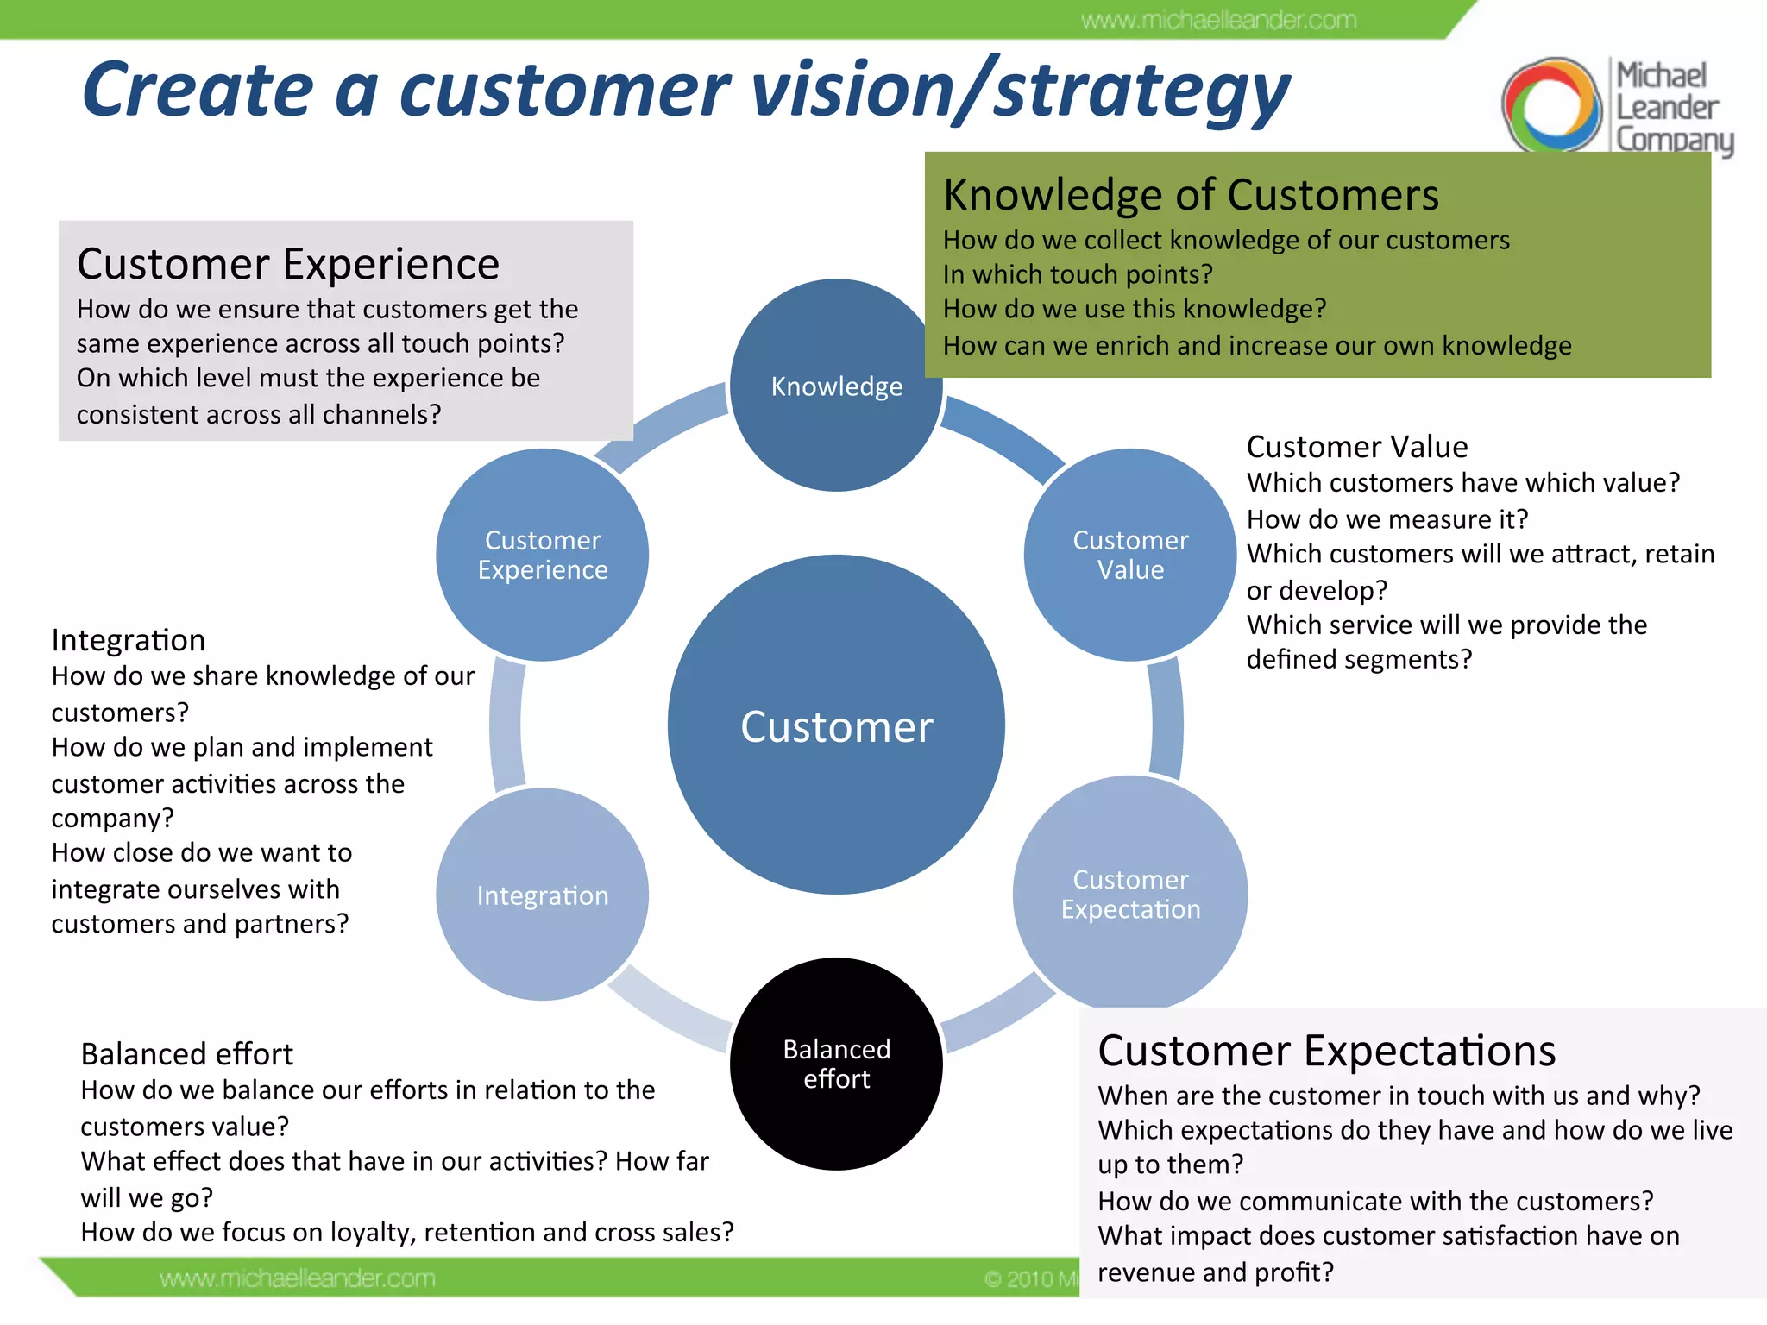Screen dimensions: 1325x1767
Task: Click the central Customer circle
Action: coord(836,725)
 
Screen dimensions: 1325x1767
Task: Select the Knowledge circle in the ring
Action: coord(836,386)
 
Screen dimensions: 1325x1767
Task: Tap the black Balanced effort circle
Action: coord(836,1064)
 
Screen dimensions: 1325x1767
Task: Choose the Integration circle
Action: coord(542,895)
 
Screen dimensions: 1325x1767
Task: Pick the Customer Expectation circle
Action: coord(1130,893)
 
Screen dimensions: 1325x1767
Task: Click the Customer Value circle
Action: coord(1130,555)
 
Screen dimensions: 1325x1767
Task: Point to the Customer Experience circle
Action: coord(542,555)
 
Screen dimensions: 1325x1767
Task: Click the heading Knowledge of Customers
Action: coord(1191,195)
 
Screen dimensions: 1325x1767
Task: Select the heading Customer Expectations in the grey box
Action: coord(1326,1051)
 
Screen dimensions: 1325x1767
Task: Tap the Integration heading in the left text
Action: coord(129,640)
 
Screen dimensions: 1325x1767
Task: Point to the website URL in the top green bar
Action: coord(1218,20)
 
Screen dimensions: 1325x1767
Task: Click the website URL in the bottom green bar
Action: coord(297,1278)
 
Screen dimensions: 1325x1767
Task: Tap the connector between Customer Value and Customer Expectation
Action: coord(1166,720)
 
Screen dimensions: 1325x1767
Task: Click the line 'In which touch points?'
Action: coord(1078,274)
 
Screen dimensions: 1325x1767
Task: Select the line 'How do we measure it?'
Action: coord(1387,519)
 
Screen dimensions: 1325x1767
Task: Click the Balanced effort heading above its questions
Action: coord(186,1054)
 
